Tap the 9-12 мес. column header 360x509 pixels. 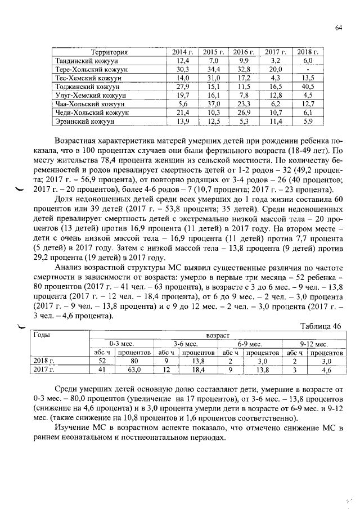(x=314, y=343)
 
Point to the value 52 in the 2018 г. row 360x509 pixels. (x=102, y=361)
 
